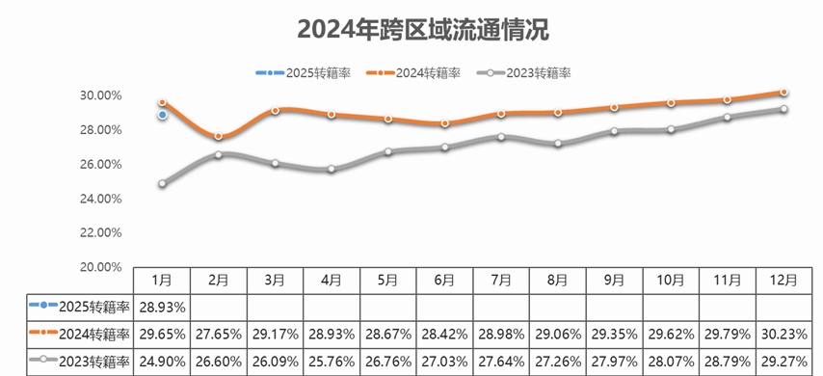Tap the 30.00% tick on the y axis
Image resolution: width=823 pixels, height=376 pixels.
[100, 95]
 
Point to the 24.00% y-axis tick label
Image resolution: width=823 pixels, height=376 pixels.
[100, 199]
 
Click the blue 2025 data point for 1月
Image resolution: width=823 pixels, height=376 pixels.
[163, 115]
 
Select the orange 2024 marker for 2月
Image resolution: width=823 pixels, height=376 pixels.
[219, 137]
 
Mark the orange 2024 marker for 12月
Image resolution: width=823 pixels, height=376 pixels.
[783, 93]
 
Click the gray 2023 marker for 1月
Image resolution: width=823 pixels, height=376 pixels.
[163, 183]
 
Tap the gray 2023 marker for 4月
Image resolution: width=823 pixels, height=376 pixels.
[332, 169]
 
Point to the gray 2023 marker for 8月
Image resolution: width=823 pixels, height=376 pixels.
[558, 144]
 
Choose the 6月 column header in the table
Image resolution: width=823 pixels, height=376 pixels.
[444, 280]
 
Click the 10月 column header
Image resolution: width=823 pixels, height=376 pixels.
[671, 280]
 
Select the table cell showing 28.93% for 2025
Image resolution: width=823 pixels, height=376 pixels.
[162, 307]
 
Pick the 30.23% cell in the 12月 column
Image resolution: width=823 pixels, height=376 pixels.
[783, 334]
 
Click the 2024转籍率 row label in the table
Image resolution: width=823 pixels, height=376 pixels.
[81, 334]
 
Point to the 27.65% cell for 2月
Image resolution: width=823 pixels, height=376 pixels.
[219, 334]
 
